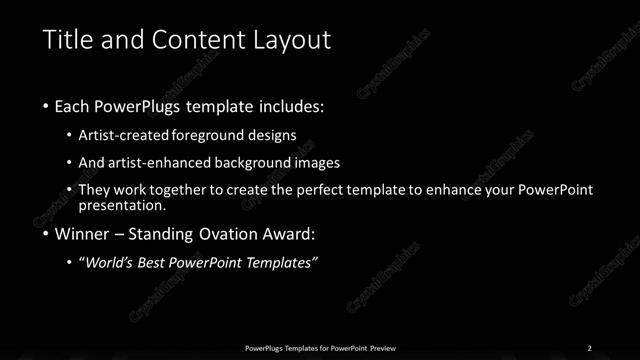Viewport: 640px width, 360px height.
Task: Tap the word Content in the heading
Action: pos(194,40)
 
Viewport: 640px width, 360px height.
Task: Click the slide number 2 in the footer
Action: pos(589,347)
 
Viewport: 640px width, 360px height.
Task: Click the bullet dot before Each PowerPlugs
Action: pos(47,105)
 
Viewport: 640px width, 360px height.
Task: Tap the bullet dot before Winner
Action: pos(47,236)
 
